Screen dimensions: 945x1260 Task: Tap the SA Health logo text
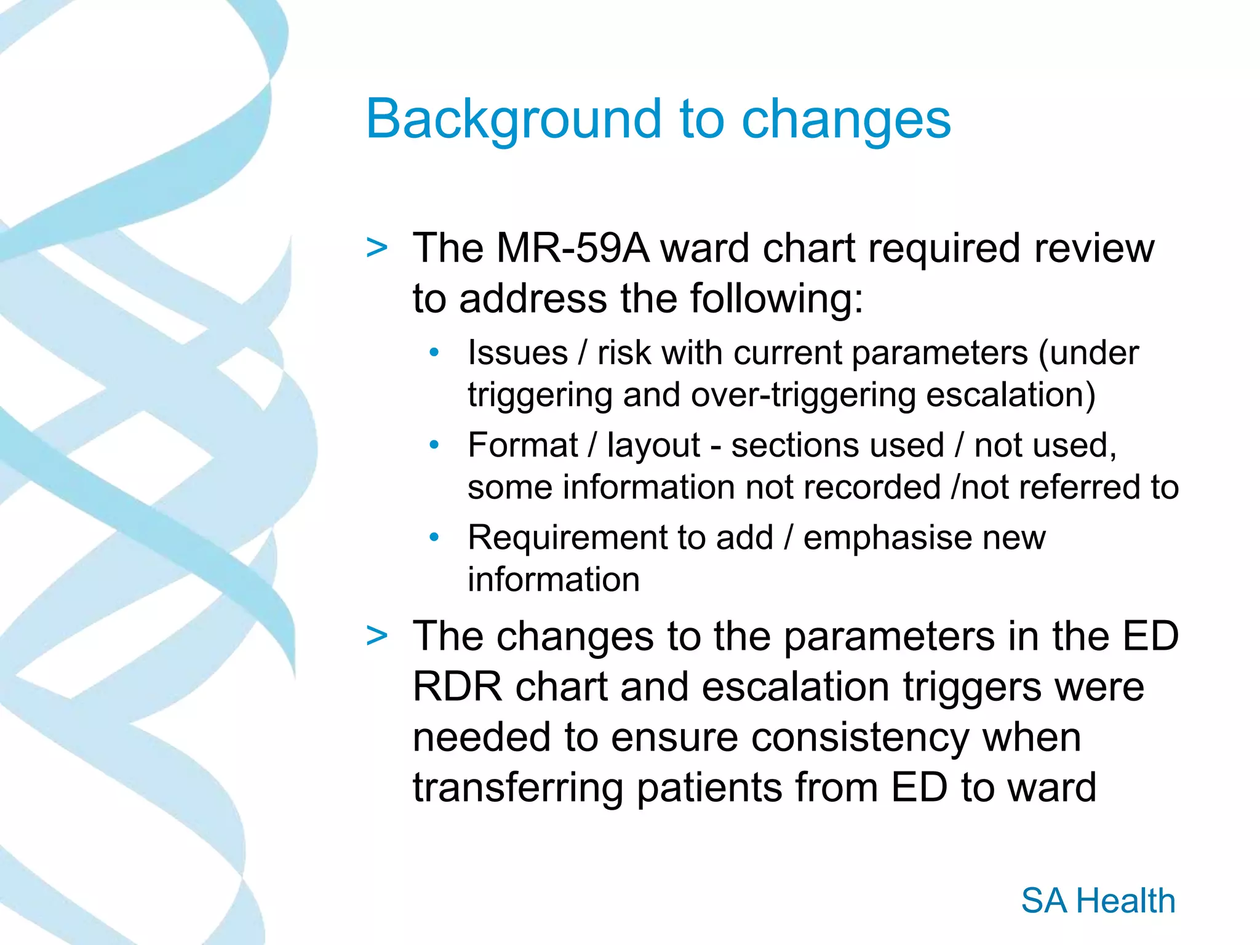point(1098,901)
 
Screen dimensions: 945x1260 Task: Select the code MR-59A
point(572,248)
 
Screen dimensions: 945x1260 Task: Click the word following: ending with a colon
point(776,299)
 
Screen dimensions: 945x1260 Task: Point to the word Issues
point(517,353)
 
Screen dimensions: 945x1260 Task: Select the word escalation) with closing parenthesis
point(1011,395)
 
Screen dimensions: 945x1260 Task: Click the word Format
point(522,445)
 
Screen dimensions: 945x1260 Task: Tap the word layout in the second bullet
point(653,445)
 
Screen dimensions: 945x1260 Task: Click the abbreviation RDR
point(458,687)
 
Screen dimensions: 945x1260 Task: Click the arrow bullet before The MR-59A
point(377,248)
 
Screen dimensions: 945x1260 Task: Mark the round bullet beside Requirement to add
point(434,537)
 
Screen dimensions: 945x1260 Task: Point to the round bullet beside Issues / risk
point(434,353)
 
